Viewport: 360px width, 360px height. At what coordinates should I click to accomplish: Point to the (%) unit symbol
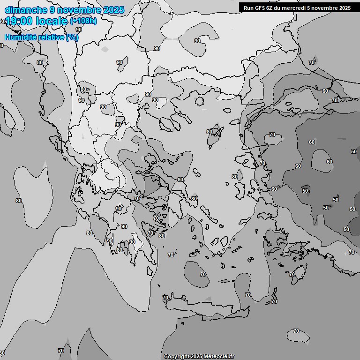(x=72, y=37)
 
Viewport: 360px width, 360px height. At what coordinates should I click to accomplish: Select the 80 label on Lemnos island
(x=210, y=132)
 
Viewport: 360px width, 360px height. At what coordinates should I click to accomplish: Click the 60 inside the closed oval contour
(x=329, y=162)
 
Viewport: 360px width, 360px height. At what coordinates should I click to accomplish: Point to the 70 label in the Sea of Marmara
(x=272, y=135)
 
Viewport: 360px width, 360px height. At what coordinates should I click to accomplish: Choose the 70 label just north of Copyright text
(x=165, y=298)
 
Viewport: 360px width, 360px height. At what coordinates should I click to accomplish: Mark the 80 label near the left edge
(x=19, y=201)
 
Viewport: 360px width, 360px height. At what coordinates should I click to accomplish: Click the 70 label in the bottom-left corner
(x=60, y=351)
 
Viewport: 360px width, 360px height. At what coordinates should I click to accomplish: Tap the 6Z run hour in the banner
(x=269, y=8)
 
